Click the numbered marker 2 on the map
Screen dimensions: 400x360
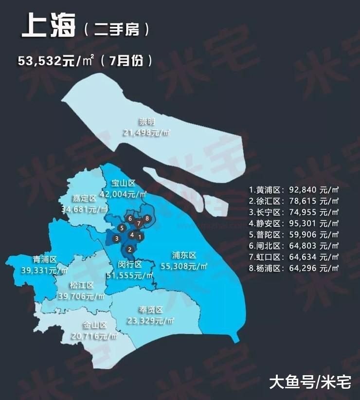coord(129,249)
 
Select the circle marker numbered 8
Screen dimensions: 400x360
coord(147,218)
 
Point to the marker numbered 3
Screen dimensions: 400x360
coord(117,238)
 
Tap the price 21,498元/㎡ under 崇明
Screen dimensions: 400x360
coord(146,133)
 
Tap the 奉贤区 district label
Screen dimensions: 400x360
coord(150,309)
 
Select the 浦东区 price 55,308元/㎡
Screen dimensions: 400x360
coord(183,266)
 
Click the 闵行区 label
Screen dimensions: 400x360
coord(130,264)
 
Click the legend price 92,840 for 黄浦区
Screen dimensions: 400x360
coord(304,190)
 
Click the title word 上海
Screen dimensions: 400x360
coord(48,27)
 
